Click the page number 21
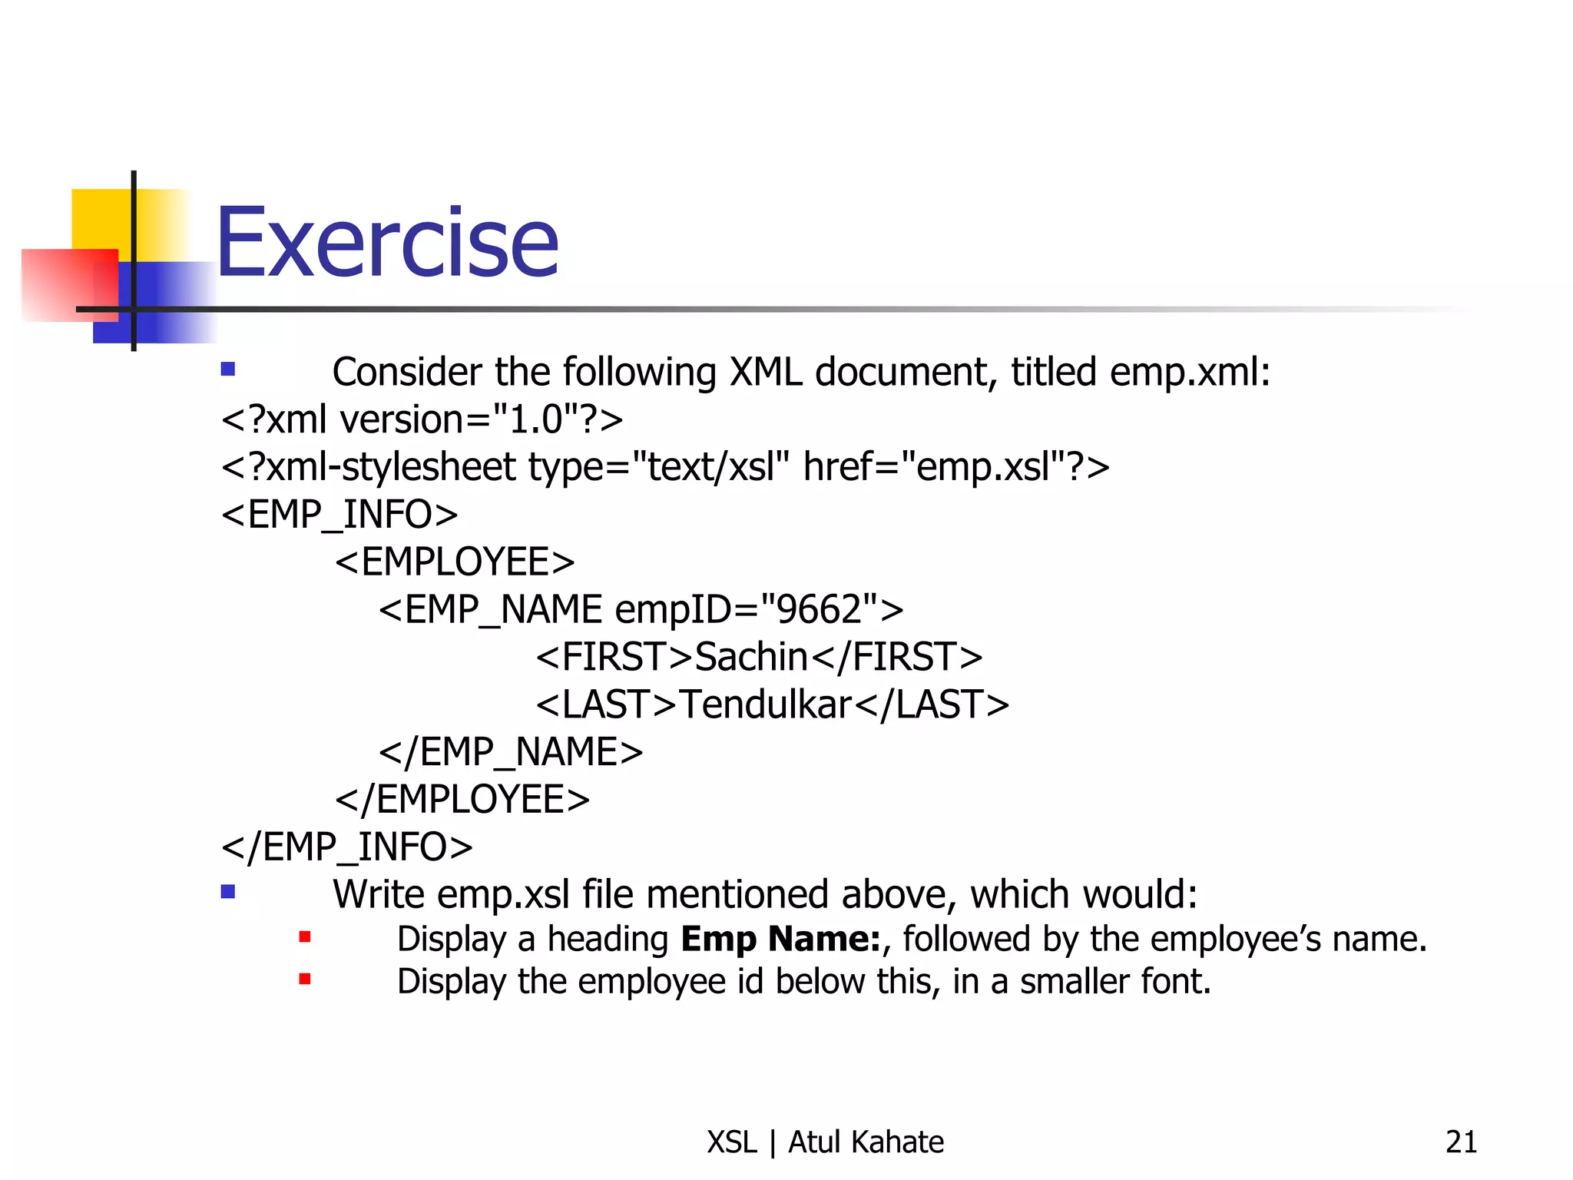(x=1461, y=1142)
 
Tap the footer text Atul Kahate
(x=866, y=1142)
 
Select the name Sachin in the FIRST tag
(x=751, y=658)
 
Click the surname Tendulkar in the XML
(x=766, y=705)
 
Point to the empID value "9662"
(x=817, y=610)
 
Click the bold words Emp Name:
(x=780, y=939)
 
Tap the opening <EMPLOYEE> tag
(x=455, y=562)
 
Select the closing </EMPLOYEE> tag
(x=462, y=800)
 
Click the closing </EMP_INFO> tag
(x=346, y=847)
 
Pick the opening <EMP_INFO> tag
(x=339, y=515)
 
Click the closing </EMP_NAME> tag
(x=511, y=752)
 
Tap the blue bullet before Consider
(x=227, y=370)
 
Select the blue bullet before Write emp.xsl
(x=227, y=892)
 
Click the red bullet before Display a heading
(x=305, y=936)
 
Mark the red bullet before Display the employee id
(x=305, y=979)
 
